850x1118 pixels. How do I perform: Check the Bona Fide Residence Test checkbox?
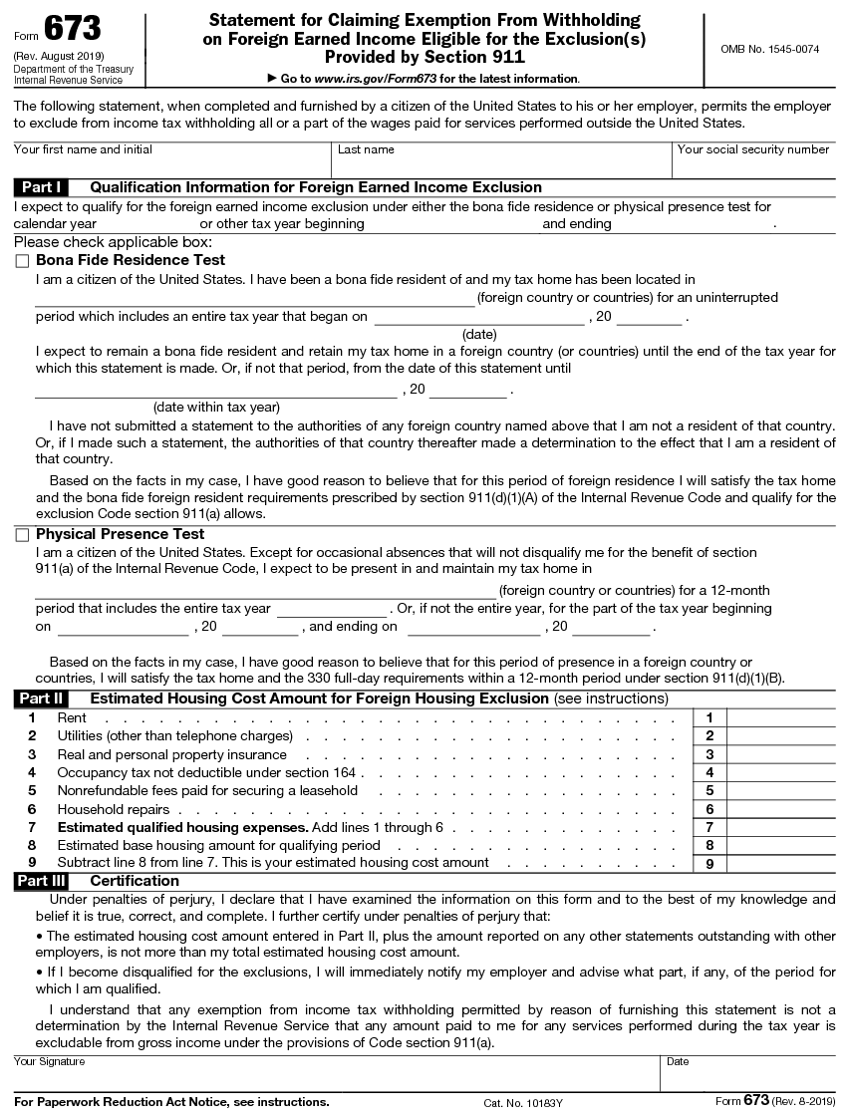(x=22, y=260)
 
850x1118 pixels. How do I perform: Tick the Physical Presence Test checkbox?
(x=22, y=535)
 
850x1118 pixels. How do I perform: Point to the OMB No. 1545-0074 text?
(x=769, y=49)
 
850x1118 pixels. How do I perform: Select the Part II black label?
(x=42, y=699)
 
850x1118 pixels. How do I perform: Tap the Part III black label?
(x=42, y=881)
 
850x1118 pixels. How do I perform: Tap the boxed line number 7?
(x=709, y=827)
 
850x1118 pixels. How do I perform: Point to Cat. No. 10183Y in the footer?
(x=523, y=1102)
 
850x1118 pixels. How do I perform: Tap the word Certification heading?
(x=135, y=881)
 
